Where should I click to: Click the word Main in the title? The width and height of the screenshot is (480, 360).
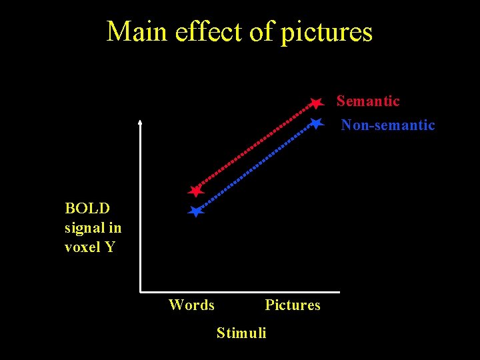point(137,31)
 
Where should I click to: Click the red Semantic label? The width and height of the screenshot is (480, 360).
point(368,101)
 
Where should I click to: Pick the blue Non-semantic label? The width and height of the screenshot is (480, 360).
point(388,125)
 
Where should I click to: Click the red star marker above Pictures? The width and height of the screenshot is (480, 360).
point(316,103)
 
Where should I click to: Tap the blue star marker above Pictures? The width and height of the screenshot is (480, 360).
point(316,123)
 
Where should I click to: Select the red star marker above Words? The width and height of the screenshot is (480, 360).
point(195,191)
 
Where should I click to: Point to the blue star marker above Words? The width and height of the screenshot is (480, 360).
point(195,212)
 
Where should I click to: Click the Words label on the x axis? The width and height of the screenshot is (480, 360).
point(191,305)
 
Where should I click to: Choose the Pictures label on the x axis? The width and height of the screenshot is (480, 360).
point(292,305)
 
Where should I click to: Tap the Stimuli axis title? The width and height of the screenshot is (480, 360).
point(241,333)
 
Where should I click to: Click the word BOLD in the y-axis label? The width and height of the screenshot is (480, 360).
point(87,208)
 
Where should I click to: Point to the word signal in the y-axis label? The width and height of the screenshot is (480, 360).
point(86,227)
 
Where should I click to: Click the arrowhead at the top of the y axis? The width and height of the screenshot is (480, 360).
point(140,122)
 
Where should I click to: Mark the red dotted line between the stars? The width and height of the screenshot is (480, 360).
point(256,147)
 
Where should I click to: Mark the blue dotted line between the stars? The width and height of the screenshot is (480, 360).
point(256,167)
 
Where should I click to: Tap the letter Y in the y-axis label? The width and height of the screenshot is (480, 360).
point(110,247)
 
